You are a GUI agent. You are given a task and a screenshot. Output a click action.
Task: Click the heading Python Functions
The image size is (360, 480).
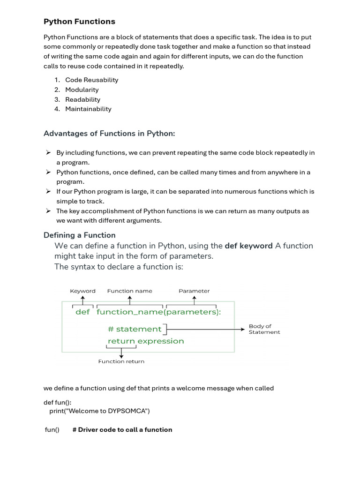(x=79, y=22)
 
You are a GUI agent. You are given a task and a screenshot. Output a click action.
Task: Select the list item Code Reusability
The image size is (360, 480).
(x=91, y=80)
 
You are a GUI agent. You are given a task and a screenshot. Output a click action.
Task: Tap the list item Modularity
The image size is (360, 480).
(x=82, y=90)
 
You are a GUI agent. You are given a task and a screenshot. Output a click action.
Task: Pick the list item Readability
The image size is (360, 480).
(x=82, y=99)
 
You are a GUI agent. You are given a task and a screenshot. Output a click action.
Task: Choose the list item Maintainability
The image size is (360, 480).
(x=88, y=109)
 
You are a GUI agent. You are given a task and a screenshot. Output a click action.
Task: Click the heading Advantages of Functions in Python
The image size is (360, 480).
(x=109, y=134)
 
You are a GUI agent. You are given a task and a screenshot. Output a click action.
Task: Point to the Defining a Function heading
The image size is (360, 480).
(x=79, y=235)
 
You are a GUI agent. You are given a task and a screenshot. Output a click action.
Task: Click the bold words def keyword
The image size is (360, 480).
(x=248, y=246)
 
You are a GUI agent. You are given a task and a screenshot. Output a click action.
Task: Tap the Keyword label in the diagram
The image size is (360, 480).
(x=82, y=291)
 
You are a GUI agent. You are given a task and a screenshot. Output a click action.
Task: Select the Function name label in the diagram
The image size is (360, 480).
(x=129, y=291)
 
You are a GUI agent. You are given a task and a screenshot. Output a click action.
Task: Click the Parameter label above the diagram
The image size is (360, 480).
(x=194, y=291)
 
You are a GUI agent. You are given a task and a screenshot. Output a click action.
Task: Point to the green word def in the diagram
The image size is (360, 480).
(x=82, y=312)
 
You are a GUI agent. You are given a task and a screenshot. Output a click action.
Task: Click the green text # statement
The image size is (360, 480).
(x=135, y=329)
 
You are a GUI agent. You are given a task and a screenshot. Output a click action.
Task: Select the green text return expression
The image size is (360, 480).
(x=146, y=341)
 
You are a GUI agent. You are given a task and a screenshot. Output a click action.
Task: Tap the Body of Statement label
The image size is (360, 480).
(x=264, y=329)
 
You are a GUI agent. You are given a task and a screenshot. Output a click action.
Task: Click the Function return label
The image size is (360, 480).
(x=121, y=361)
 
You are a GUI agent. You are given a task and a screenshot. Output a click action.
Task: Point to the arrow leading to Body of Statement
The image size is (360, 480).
(x=206, y=329)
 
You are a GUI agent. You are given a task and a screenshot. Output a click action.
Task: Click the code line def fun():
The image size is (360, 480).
(x=58, y=402)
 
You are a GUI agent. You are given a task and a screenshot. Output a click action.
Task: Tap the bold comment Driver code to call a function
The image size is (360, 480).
(x=122, y=430)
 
